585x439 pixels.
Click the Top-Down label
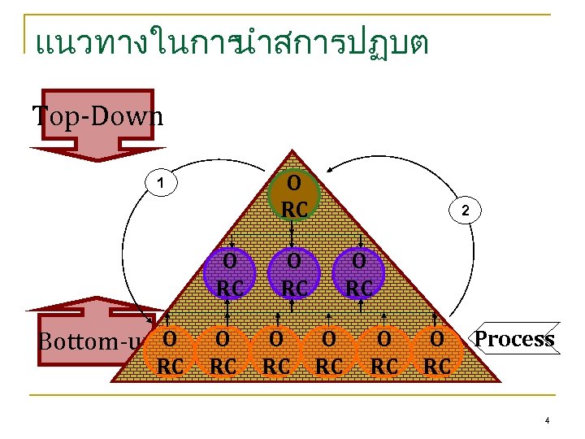(x=98, y=116)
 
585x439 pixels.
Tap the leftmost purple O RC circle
(x=230, y=274)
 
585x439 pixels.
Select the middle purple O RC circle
(x=293, y=274)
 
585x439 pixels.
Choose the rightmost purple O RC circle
(x=358, y=274)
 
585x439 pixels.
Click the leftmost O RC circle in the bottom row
(x=169, y=351)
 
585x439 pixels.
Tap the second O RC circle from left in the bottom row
(x=223, y=351)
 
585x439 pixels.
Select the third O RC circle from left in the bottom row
(x=276, y=351)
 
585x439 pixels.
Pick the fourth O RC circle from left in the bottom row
(x=328, y=351)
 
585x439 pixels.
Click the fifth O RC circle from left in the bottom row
(x=383, y=351)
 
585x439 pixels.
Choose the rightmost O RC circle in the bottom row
(x=436, y=351)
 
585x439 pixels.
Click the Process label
(x=514, y=339)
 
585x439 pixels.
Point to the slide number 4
(x=547, y=420)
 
